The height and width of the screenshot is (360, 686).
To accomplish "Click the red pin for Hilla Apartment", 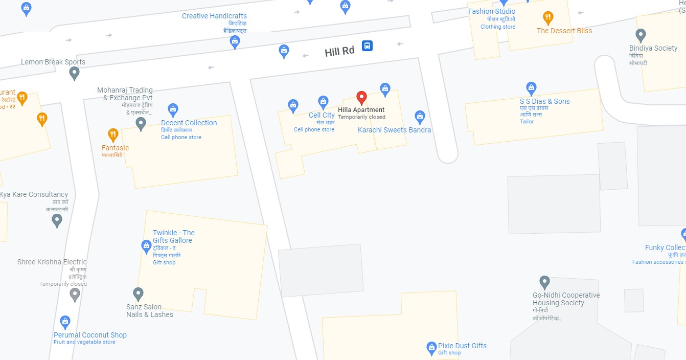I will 361,97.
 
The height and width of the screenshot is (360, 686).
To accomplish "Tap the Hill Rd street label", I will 339,51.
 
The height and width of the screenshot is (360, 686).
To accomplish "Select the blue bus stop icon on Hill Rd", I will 367,46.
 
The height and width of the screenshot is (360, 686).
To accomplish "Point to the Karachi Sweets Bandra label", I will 394,130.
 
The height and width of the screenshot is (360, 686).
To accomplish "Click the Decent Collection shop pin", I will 173,109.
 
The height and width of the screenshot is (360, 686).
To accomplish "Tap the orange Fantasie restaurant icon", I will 113,135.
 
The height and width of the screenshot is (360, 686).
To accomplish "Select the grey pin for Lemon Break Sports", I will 74,73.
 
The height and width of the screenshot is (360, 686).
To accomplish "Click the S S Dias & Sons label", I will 544,101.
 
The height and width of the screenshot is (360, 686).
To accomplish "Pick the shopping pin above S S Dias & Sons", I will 531,88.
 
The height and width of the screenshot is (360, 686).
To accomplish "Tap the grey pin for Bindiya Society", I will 641,35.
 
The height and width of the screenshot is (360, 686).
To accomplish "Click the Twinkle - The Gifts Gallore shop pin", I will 146,246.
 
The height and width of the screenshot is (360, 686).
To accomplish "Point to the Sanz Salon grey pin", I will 138,294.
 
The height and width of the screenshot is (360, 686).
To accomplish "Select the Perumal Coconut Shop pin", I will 65,322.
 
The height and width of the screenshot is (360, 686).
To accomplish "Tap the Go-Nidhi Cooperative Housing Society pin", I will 545,282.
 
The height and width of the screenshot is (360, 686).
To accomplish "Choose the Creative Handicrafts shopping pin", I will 235,42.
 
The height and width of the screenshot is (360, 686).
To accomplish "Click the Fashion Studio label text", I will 492,11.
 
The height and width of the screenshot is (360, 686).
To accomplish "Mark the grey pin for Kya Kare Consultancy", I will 57,220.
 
